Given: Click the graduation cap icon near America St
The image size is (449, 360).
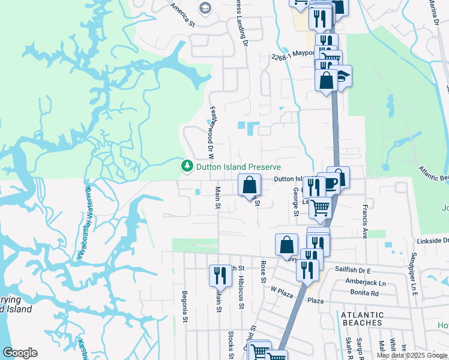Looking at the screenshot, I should (x=205, y=8).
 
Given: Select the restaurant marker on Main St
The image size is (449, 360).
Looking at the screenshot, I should (x=220, y=275).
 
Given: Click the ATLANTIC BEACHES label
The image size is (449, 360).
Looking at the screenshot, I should (x=362, y=319).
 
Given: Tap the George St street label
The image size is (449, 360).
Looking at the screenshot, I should (x=296, y=201).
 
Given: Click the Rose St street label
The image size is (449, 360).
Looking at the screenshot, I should (x=263, y=271).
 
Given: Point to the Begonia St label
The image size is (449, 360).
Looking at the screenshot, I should (x=185, y=307).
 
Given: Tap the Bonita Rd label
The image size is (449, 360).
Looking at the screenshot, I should (x=366, y=293).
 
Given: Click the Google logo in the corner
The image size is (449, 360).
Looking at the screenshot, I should (x=20, y=353).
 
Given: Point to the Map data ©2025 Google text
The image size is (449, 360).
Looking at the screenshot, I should (x=412, y=355).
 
